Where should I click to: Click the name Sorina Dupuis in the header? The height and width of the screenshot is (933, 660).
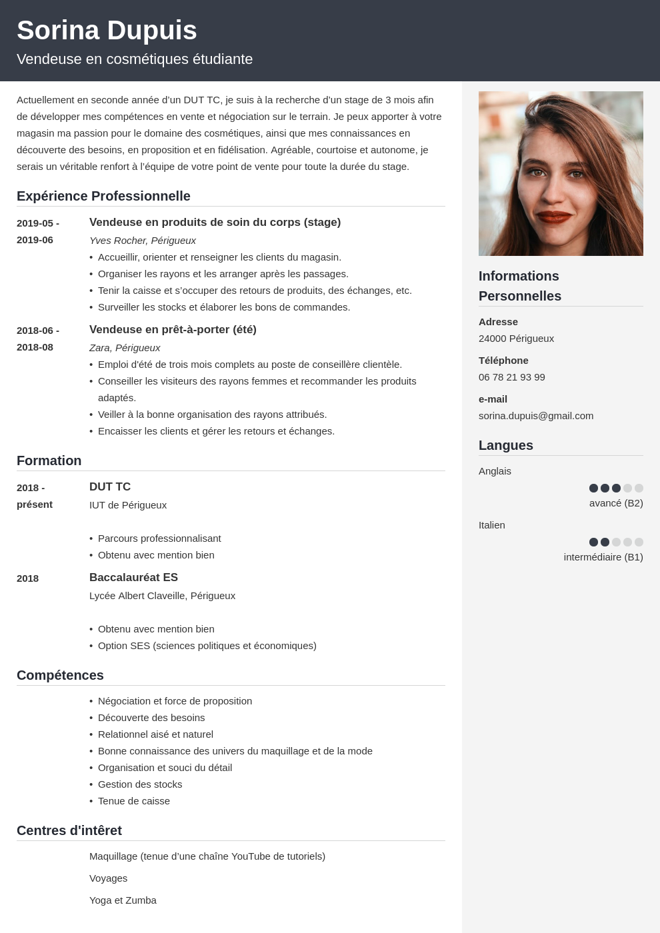(107, 31)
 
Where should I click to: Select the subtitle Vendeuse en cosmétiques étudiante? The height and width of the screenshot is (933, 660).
(135, 59)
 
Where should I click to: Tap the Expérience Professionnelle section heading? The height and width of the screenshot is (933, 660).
(103, 196)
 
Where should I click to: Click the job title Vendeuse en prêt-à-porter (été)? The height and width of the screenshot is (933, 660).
(173, 329)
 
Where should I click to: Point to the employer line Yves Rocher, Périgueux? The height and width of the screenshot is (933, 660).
(143, 241)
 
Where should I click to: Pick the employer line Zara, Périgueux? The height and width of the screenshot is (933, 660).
(125, 348)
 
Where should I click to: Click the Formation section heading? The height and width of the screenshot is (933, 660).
(49, 461)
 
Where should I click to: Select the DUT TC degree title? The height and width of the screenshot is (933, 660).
(110, 487)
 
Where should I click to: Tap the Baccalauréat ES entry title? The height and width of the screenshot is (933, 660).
(133, 578)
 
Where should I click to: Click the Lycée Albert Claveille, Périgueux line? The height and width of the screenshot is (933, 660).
(162, 596)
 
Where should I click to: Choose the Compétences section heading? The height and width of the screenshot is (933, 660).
(60, 675)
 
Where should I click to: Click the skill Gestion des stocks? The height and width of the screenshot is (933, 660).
(140, 784)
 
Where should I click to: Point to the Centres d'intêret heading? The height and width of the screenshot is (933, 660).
(69, 830)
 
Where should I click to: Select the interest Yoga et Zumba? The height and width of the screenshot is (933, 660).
(123, 900)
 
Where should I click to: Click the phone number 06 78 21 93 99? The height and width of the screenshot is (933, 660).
(512, 377)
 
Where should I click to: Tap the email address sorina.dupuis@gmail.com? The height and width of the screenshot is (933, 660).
(536, 416)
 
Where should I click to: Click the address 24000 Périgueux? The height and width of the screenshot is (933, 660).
(517, 339)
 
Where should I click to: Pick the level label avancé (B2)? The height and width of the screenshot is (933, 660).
(616, 503)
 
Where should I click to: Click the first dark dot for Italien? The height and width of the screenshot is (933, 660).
(593, 542)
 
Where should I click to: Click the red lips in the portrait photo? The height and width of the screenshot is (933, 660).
(554, 217)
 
